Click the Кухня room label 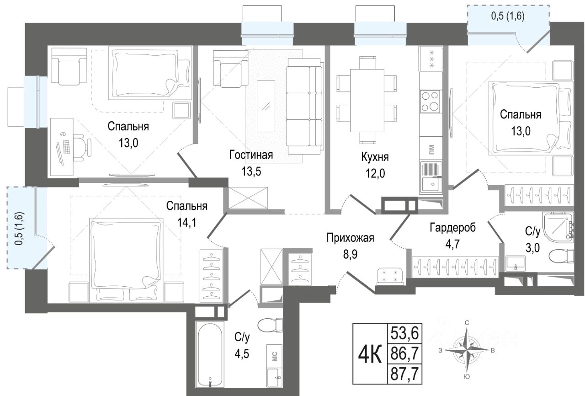[375, 157]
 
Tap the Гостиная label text [251, 155]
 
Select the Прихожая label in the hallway [350, 238]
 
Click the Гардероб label [453, 228]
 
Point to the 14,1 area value [187, 223]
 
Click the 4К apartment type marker [370, 354]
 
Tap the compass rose [467, 350]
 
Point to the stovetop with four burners [431, 102]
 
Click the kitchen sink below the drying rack [431, 185]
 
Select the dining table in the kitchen [367, 101]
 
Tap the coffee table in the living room [266, 106]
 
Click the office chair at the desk [82, 147]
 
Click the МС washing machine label [274, 356]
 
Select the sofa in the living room [304, 106]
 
